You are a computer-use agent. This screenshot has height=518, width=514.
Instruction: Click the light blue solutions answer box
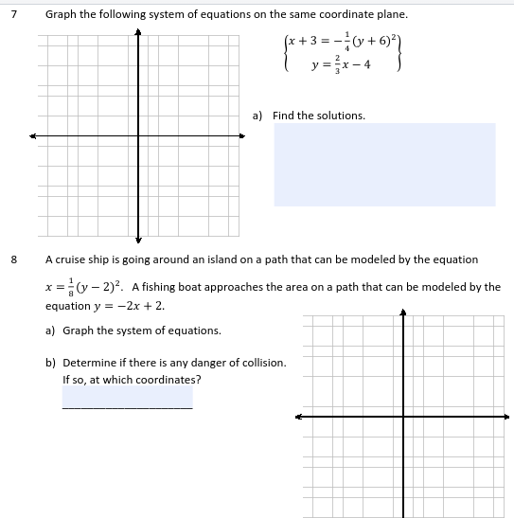point(384,164)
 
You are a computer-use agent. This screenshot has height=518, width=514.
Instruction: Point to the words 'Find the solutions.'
point(318,116)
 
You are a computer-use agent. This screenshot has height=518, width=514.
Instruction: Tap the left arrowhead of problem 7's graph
point(32,135)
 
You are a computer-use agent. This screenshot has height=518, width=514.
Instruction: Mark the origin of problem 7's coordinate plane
point(138,135)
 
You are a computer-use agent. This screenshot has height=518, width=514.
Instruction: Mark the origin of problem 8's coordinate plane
point(403,415)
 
